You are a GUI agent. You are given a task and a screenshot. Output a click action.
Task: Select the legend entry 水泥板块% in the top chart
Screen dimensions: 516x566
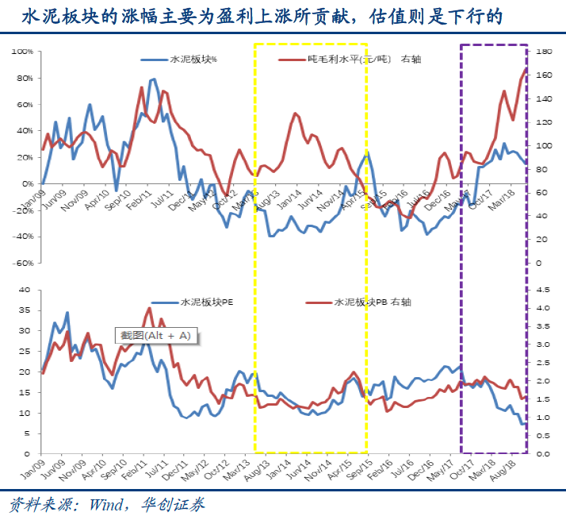[194, 60]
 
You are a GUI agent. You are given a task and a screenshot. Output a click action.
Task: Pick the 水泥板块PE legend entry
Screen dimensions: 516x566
[206, 302]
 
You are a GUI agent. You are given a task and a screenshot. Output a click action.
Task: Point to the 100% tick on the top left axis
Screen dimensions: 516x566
[22, 52]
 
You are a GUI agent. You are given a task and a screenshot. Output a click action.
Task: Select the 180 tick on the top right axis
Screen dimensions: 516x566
[543, 52]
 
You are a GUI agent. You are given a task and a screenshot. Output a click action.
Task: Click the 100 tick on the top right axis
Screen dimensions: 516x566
[543, 145]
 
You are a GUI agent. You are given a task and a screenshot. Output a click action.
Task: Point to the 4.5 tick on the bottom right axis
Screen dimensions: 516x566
[543, 290]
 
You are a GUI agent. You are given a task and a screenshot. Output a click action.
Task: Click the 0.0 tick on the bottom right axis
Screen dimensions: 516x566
[543, 454]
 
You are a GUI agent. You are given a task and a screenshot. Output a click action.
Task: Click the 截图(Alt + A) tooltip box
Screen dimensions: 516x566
[156, 336]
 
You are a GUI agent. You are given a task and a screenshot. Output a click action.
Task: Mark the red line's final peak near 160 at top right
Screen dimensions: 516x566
[526, 70]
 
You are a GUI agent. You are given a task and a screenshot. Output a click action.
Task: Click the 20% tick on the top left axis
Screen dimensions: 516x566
[24, 157]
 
